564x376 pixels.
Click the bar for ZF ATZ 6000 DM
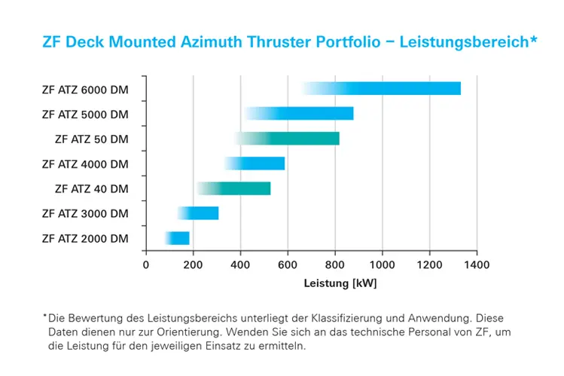coord(392,89)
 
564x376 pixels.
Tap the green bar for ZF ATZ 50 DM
coord(301,139)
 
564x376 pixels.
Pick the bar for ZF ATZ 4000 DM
coord(264,164)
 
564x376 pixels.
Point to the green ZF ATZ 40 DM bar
coord(241,188)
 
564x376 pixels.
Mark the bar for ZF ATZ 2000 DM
coord(179,238)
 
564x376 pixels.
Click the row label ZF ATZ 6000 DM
coord(85,90)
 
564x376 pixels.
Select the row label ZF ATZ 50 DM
coord(92,139)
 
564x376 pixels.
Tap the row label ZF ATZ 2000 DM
coord(85,239)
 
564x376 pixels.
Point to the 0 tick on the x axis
coord(146,265)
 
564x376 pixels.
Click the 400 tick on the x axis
coord(240,265)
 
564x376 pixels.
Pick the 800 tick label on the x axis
coord(335,265)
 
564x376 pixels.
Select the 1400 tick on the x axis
coord(477,265)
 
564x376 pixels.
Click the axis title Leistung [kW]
coord(340,284)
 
